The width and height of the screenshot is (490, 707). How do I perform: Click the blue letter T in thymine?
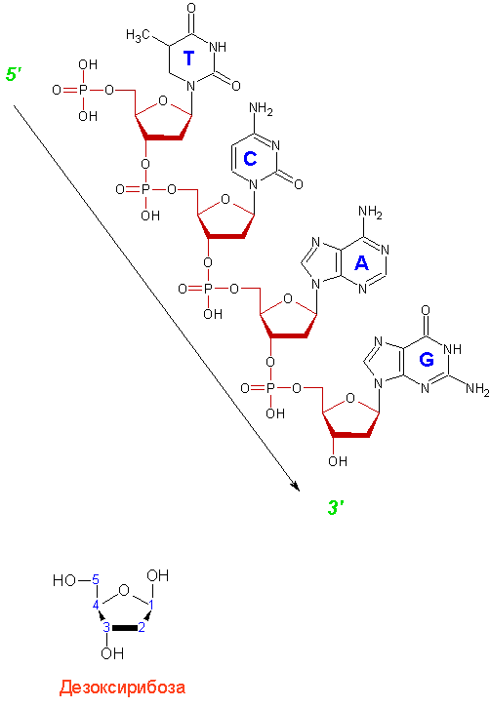pyautogui.click(x=188, y=59)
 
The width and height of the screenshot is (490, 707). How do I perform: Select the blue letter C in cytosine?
pyautogui.click(x=250, y=158)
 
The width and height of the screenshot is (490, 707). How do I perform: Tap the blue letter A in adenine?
pyautogui.click(x=361, y=262)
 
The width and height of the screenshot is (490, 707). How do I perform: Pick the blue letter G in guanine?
pyautogui.click(x=427, y=360)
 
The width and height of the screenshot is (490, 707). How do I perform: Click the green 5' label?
pyautogui.click(x=14, y=74)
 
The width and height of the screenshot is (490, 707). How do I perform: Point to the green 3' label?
pyautogui.click(x=336, y=508)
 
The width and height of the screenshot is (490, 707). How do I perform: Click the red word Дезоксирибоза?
pyautogui.click(x=122, y=687)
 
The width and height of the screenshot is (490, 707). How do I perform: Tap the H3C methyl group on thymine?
pyautogui.click(x=138, y=35)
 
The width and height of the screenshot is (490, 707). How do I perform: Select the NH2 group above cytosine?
pyautogui.click(x=261, y=108)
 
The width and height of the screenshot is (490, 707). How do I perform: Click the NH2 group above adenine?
pyautogui.click(x=370, y=212)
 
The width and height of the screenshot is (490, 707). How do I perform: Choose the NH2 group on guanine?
pyautogui.click(x=477, y=388)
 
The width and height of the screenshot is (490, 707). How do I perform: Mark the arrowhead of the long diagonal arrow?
pyautogui.click(x=296, y=486)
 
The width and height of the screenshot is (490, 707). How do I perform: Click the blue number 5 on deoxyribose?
pyautogui.click(x=96, y=579)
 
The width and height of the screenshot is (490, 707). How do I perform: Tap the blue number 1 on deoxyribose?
pyautogui.click(x=151, y=606)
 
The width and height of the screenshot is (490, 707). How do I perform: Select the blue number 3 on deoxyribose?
pyautogui.click(x=106, y=627)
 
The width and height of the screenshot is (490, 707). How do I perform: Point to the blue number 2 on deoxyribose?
pyautogui.click(x=142, y=627)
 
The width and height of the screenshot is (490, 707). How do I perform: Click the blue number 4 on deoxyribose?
pyautogui.click(x=96, y=606)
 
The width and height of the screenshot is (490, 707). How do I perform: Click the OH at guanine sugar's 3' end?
pyautogui.click(x=338, y=461)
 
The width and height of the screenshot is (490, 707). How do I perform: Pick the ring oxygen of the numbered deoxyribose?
pyautogui.click(x=124, y=590)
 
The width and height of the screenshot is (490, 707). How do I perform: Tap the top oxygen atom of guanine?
pyautogui.click(x=426, y=310)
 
